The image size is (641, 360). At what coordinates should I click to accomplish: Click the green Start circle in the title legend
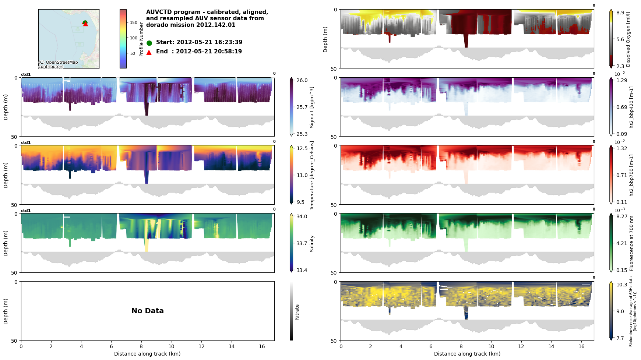(x=149, y=43)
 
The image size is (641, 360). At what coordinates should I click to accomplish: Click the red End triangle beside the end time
(x=149, y=52)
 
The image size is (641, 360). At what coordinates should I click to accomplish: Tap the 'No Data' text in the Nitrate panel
(x=148, y=311)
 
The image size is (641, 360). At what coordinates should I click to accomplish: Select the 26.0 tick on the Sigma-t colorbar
(x=302, y=80)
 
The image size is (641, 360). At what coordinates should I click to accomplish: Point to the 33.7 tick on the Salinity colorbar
(x=302, y=243)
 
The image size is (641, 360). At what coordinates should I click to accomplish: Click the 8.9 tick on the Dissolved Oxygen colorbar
(x=620, y=13)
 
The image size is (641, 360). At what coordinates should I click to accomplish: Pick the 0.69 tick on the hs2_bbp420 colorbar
(x=622, y=107)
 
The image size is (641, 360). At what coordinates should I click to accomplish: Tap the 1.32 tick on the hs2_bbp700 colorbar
(x=622, y=148)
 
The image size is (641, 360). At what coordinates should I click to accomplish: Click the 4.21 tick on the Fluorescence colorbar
(x=622, y=243)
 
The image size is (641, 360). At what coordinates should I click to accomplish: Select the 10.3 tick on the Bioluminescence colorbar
(x=622, y=285)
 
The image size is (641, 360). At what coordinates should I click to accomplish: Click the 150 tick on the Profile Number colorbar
(x=134, y=22)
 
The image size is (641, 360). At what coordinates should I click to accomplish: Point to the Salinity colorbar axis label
(x=312, y=243)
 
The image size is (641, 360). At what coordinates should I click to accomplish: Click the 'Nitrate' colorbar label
(x=297, y=311)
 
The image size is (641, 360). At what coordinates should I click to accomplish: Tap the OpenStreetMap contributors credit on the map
(x=58, y=64)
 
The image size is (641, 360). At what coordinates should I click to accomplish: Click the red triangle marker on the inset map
(x=85, y=24)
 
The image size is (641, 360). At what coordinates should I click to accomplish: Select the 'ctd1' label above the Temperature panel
(x=26, y=143)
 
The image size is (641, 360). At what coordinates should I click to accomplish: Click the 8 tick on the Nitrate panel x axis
(x=141, y=346)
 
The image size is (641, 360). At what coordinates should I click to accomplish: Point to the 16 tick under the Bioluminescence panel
(x=581, y=346)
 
